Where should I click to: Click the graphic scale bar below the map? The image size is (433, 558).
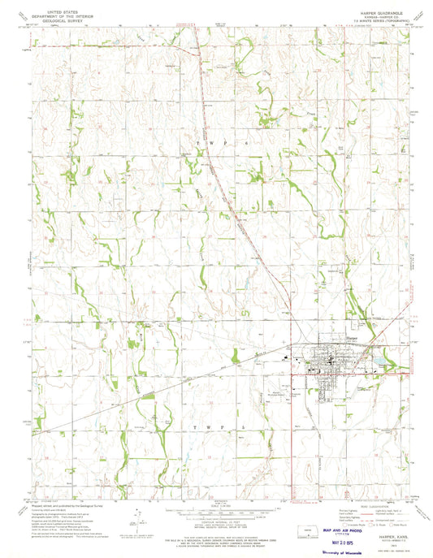[x=215, y=494]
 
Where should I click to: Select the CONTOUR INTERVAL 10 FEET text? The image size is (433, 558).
[x=215, y=504]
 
